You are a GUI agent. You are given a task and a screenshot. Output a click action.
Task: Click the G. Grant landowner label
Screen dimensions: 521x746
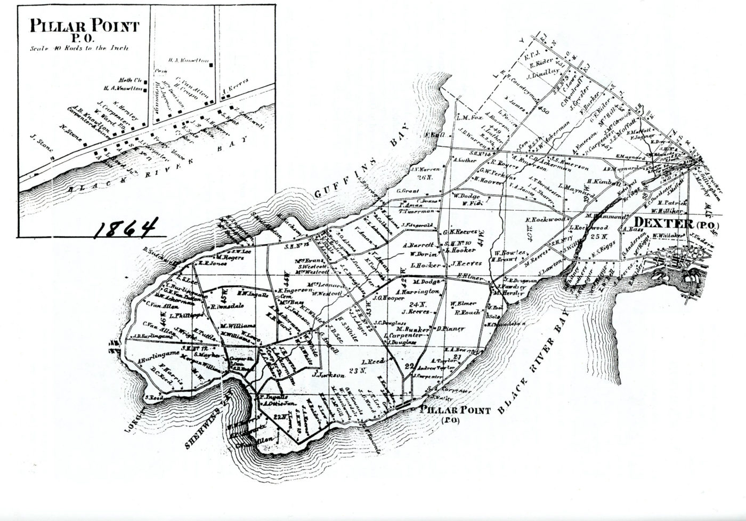pyautogui.click(x=406, y=190)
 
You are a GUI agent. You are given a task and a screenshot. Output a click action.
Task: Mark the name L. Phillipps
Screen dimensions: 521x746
pyautogui.click(x=184, y=315)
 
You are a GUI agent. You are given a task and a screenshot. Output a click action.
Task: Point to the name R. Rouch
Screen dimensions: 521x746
pyautogui.click(x=469, y=312)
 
